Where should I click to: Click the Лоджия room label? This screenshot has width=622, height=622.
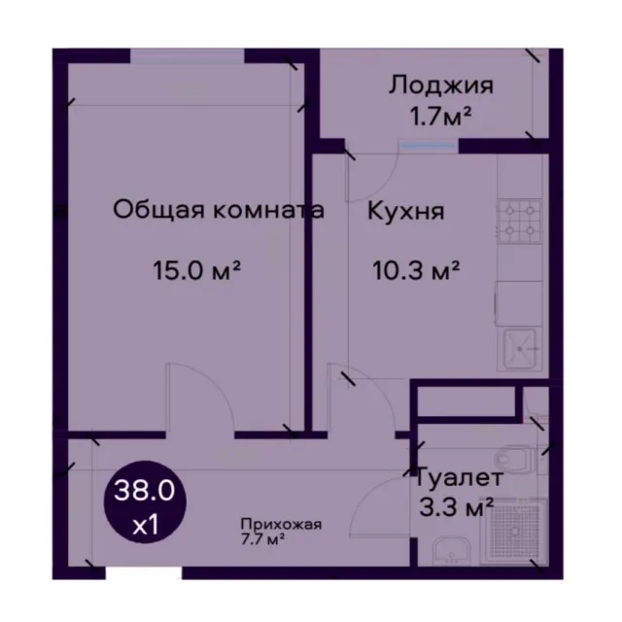coord(440,86)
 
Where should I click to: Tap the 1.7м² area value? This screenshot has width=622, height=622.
coord(440,117)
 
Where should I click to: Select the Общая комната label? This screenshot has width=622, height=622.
coord(219,210)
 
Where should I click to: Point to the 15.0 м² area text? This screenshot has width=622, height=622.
coord(197,270)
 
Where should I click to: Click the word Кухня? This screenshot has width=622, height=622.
coord(405,211)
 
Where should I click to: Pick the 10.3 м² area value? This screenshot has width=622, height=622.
coord(416,270)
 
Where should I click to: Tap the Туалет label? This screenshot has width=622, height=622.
coord(459,477)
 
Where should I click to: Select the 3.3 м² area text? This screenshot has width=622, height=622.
coord(456,507)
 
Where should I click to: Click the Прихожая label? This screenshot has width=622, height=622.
coord(281,525)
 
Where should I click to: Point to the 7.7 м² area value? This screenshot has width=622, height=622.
coord(263,539)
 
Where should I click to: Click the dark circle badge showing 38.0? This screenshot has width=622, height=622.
coord(145,501)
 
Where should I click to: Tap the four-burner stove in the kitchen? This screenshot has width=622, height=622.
coord(520,222)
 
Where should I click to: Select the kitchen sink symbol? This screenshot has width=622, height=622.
coord(520,349)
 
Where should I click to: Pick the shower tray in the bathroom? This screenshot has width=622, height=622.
coord(514,530)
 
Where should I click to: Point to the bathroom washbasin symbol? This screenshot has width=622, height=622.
coord(451,551)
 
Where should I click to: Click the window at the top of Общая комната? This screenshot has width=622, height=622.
coord(188,55)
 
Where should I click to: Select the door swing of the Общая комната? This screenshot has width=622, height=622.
coord(200,397)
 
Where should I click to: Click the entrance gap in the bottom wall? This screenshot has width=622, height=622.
coord(144,573)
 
